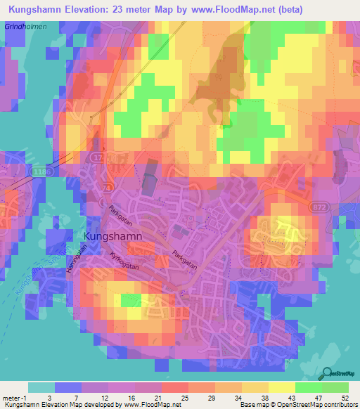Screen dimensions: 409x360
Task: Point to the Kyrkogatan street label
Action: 124,261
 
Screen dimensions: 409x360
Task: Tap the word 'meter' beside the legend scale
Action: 10,397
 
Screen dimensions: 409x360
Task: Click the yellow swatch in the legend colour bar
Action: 281,387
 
